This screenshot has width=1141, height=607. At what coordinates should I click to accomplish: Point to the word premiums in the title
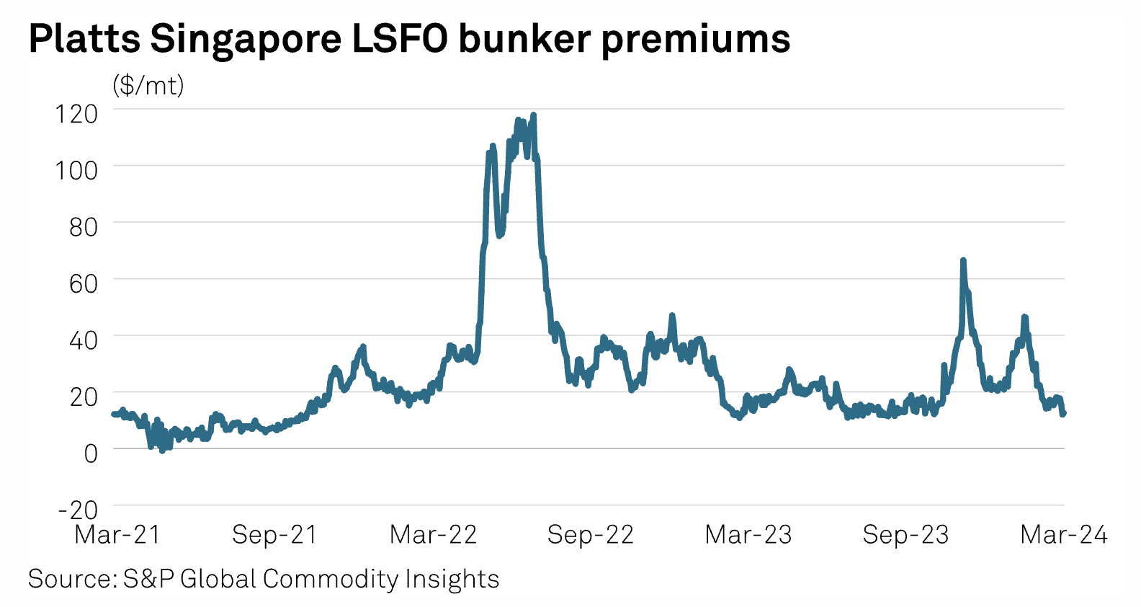point(696,40)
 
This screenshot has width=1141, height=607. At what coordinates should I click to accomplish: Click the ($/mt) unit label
point(148,85)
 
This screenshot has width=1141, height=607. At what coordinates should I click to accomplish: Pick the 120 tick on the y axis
point(76,113)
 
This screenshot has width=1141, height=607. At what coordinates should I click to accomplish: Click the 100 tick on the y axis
point(76,170)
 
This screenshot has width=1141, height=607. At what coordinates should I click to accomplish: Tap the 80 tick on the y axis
point(83,227)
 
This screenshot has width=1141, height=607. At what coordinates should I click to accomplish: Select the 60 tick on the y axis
point(83,283)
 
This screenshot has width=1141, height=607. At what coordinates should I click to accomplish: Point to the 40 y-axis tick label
point(83,340)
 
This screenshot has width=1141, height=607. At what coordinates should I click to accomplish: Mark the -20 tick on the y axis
point(78,510)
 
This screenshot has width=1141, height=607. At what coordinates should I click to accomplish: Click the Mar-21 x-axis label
point(117,535)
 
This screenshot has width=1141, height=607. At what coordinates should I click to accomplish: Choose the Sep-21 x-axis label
point(274,535)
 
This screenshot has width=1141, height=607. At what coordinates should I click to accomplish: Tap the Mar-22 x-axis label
point(433,535)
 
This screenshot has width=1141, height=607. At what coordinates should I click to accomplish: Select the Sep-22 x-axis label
point(590,535)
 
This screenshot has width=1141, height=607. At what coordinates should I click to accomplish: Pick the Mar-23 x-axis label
point(748,535)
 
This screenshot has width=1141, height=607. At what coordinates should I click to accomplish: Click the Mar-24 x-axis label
point(1064,535)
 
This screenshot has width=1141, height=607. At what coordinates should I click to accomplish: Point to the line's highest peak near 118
point(533,115)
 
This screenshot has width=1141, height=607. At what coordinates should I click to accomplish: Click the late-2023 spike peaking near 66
point(963,260)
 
